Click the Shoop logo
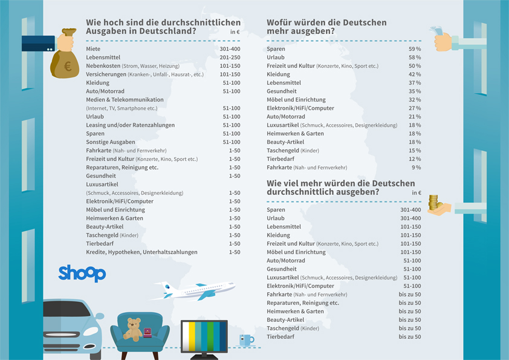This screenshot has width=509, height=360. (x=82, y=273)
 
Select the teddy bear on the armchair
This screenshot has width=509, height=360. (x=132, y=329)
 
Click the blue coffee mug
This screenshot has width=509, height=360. (x=246, y=340)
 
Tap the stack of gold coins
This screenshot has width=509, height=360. (x=433, y=202)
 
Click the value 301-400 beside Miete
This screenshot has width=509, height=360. (x=230, y=48)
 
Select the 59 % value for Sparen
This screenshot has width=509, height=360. (x=415, y=48)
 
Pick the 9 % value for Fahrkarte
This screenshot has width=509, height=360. (x=417, y=167)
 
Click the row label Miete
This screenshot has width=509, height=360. (x=93, y=48)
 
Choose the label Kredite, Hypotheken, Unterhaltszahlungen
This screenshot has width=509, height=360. (x=141, y=252)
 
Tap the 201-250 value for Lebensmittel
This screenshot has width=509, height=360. (x=230, y=57)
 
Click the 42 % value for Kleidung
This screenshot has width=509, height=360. (x=415, y=74)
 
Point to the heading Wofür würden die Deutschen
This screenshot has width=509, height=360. (x=326, y=23)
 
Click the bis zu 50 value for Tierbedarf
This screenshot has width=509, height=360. (x=410, y=336)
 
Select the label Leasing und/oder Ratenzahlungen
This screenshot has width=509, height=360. (x=130, y=125)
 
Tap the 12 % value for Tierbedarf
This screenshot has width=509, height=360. (x=415, y=159)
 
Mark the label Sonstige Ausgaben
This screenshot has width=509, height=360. (x=111, y=142)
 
